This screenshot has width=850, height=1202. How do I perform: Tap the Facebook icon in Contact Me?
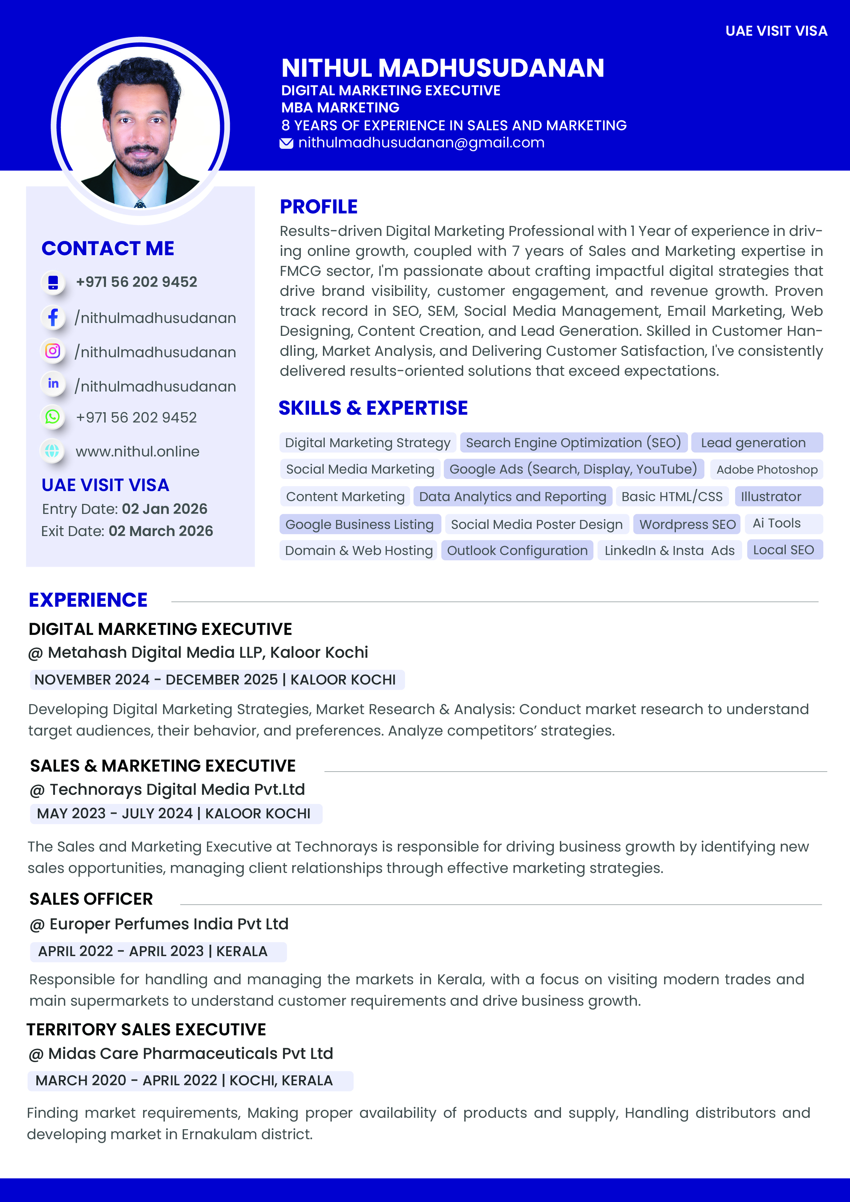tap(53, 317)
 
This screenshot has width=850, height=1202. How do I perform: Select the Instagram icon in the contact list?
tap(53, 351)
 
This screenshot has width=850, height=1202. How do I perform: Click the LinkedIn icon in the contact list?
tap(53, 384)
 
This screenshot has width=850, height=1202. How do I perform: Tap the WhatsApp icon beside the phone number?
tap(53, 417)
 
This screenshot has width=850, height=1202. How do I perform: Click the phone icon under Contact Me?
tap(53, 282)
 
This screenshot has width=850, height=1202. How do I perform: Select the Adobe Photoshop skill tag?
tap(766, 470)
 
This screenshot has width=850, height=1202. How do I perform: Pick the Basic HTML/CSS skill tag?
tap(672, 496)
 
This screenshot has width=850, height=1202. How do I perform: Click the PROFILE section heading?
tap(318, 207)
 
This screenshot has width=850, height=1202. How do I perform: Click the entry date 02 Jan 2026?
tap(165, 509)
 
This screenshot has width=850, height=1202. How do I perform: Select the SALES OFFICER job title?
tap(91, 899)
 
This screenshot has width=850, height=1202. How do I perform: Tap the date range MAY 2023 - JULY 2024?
tap(115, 814)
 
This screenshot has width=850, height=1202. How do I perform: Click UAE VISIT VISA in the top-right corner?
tap(776, 31)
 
